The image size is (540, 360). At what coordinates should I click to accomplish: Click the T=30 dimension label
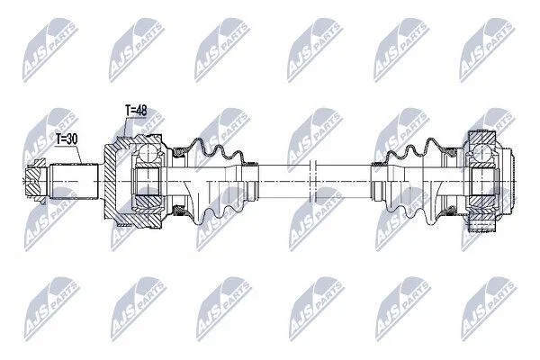pyautogui.click(x=67, y=139)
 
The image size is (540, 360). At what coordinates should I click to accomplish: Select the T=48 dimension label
pyautogui.click(x=136, y=111)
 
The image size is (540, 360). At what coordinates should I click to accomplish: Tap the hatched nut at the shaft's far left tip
pyautogui.click(x=35, y=181)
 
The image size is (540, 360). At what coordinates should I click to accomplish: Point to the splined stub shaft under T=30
pyautogui.click(x=74, y=181)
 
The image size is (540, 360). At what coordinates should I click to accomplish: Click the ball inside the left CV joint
pyautogui.click(x=148, y=152)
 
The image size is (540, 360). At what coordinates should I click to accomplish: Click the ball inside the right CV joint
pyautogui.click(x=481, y=152)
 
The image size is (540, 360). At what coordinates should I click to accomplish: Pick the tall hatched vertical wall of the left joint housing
pyautogui.click(x=110, y=181)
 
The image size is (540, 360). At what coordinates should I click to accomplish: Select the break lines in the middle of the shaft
pyautogui.click(x=312, y=181)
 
